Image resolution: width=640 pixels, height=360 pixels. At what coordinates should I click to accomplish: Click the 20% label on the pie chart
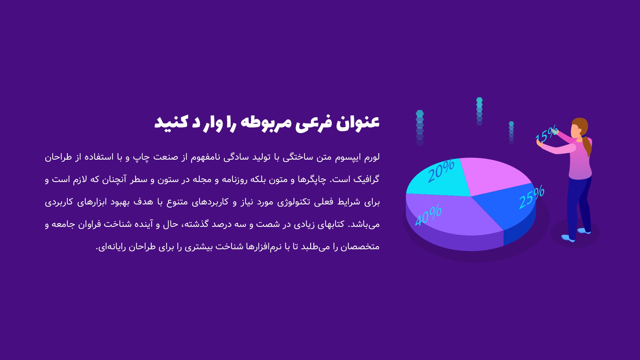click(441, 171)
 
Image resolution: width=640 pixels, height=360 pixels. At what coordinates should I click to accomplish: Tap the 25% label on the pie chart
click(532, 197)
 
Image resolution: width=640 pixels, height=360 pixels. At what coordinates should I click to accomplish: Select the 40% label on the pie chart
click(428, 215)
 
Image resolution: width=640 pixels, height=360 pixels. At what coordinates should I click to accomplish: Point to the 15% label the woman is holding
click(547, 134)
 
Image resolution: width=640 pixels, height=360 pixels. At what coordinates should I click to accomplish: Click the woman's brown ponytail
click(587, 146)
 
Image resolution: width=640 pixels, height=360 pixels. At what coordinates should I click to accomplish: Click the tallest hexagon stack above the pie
click(420, 128)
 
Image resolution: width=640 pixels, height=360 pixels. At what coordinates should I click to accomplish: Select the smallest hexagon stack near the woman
click(511, 132)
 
